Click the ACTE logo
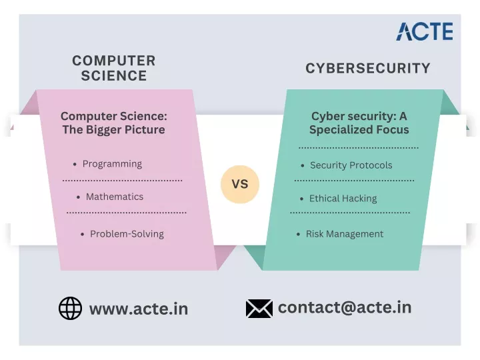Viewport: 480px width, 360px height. (x=425, y=31)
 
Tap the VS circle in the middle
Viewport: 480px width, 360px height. (x=240, y=184)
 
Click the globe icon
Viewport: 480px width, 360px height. (x=70, y=308)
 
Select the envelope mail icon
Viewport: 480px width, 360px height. (x=259, y=308)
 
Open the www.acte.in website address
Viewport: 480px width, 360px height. (x=139, y=309)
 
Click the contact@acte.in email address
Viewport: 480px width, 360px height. (x=345, y=307)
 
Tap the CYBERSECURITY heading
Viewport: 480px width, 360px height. (x=368, y=68)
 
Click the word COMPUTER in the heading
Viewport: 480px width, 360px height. (x=114, y=61)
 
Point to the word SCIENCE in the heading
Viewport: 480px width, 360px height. (x=114, y=75)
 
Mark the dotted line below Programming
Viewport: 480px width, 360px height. (x=123, y=181)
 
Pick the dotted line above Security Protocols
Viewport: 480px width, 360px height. (x=359, y=148)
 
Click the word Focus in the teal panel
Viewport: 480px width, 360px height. (x=393, y=129)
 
